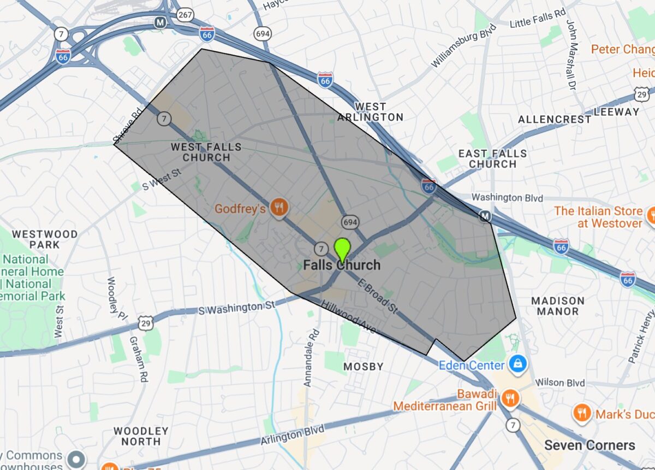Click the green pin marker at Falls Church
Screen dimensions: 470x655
pos(342,249)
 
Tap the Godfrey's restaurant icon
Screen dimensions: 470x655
pos(280,208)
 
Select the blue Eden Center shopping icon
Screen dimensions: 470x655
pos(515,363)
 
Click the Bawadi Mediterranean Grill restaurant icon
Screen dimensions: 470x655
pos(510,399)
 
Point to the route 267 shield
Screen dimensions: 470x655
pos(185,14)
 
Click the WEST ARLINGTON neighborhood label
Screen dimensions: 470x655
pos(370,111)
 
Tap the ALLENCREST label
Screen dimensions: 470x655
pos(555,119)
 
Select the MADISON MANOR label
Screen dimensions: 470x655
pos(558,305)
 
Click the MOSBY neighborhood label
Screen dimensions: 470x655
pos(363,366)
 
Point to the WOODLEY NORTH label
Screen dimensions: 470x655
pos(141,436)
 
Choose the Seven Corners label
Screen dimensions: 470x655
pos(589,445)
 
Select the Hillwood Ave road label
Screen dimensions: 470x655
pos(348,317)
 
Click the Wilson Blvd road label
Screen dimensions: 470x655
pos(561,383)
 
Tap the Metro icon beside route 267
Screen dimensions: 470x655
pos(160,22)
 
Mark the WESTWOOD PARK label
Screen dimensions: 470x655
pos(45,239)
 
